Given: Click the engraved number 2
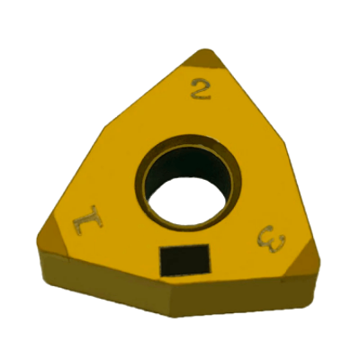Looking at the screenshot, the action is pyautogui.click(x=201, y=89).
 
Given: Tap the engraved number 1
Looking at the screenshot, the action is pyautogui.click(x=87, y=220).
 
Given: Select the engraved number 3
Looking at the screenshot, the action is pyautogui.click(x=272, y=239).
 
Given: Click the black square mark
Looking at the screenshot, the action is pyautogui.click(x=184, y=260).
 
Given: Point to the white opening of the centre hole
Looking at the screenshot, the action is pyautogui.click(x=186, y=201).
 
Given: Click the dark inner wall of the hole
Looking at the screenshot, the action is pyautogui.click(x=186, y=165).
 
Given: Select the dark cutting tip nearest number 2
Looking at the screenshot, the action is pyautogui.click(x=204, y=58).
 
